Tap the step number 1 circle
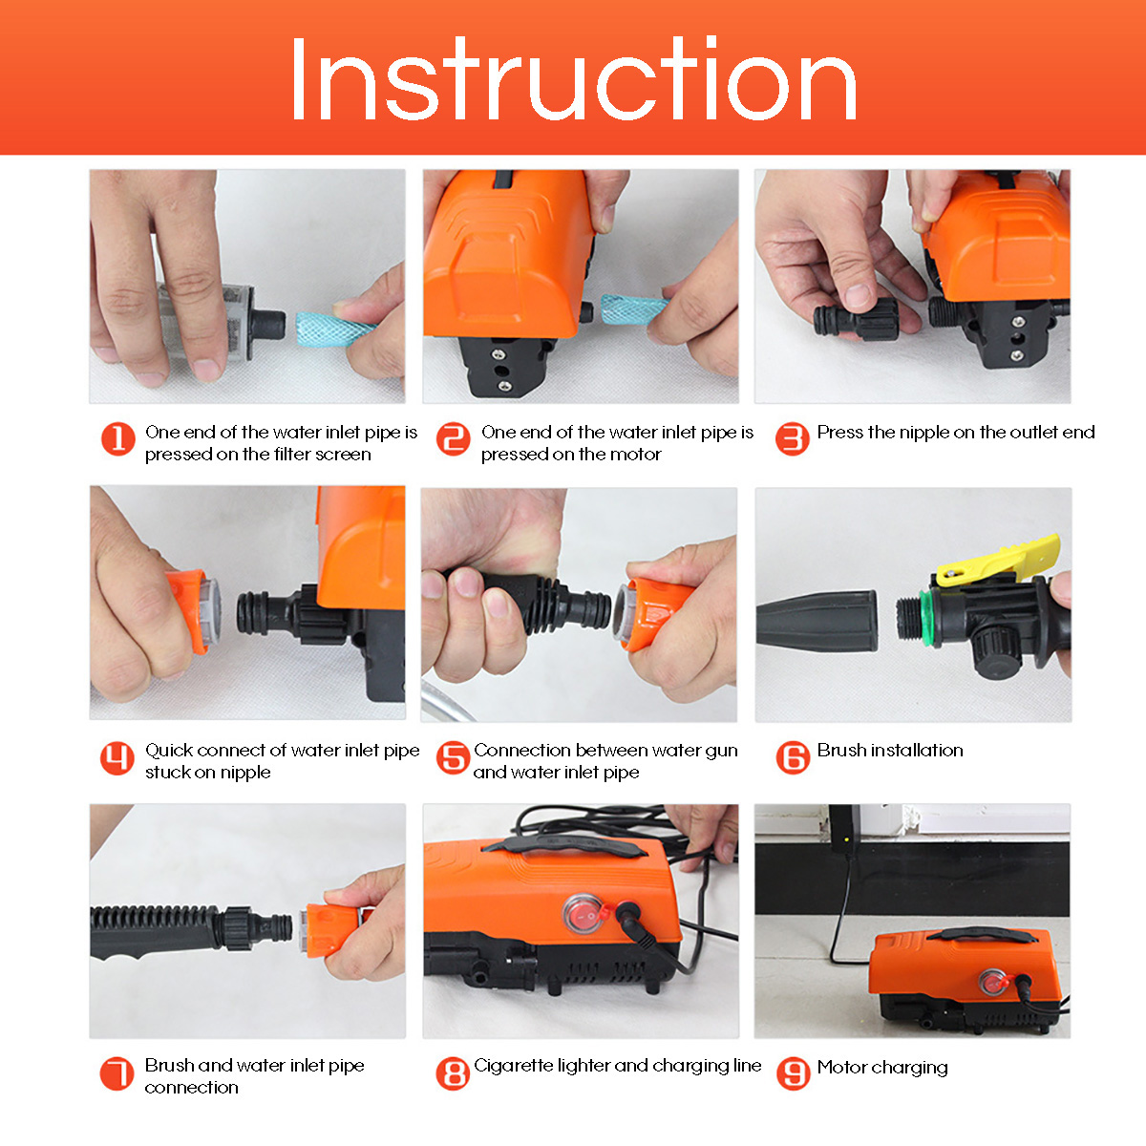click(118, 439)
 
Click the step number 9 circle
click(793, 1072)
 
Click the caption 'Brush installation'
click(889, 751)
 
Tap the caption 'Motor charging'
click(881, 1067)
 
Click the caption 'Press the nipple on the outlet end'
click(955, 432)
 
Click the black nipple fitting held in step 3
click(856, 320)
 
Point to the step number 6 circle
click(793, 757)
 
